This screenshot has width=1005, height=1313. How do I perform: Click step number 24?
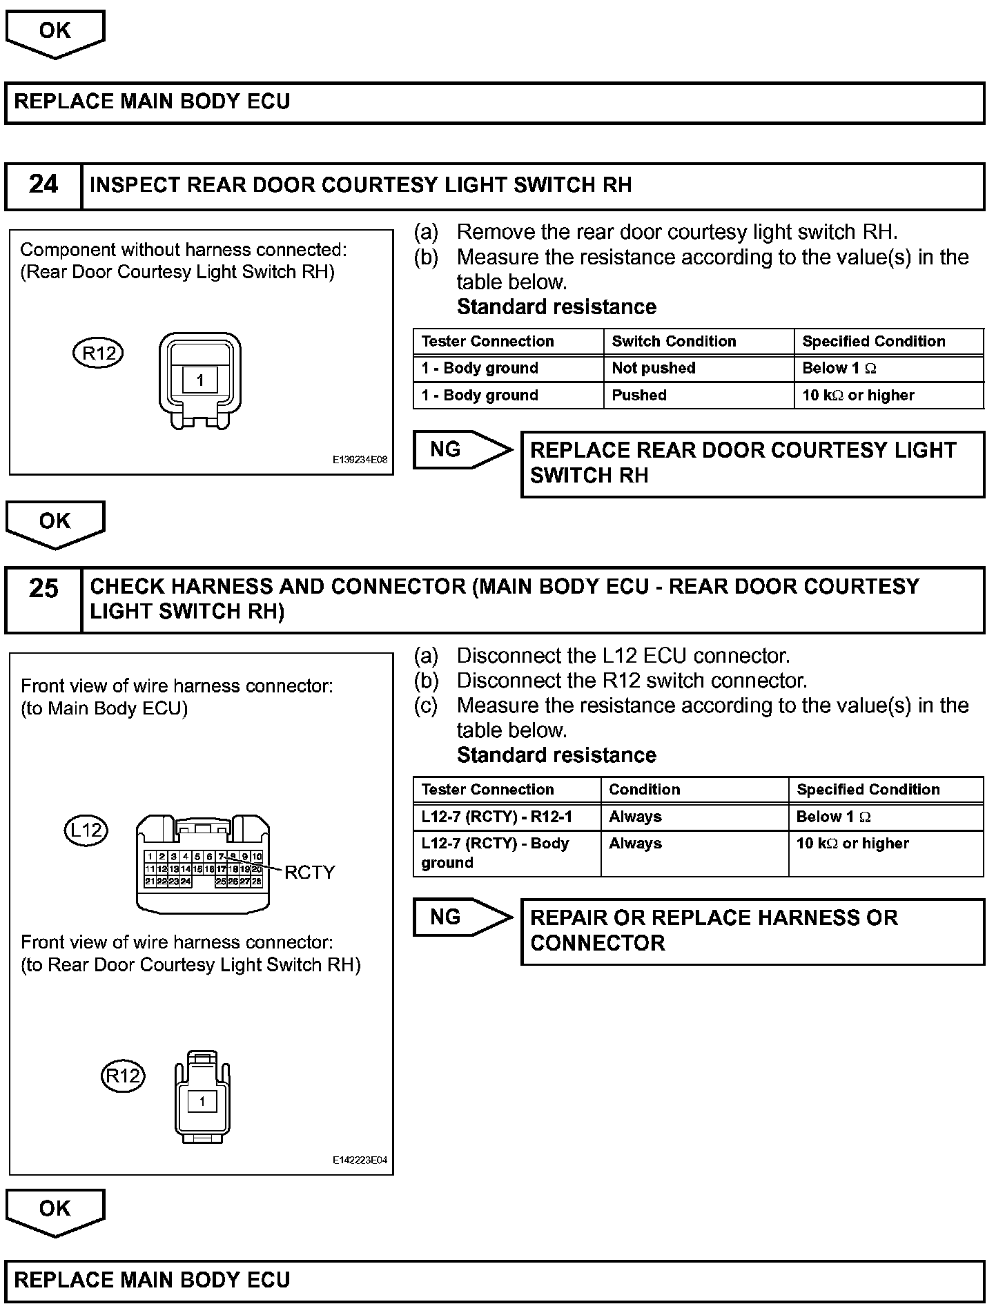pos(43,184)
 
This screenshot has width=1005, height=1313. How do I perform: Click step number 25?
pos(43,588)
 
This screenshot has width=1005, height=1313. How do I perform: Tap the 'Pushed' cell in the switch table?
pos(639,396)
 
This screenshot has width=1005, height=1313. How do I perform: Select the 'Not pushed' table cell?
pos(653,368)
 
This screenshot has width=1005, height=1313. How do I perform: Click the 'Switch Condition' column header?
pos(674,341)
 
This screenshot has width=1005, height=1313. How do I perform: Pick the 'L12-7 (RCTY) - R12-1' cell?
pos(497,817)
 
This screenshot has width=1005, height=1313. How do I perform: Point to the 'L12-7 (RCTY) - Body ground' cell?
pos(495,853)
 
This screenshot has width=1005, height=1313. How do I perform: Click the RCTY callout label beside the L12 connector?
pos(309,873)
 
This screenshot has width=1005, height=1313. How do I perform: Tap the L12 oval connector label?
pos(86,829)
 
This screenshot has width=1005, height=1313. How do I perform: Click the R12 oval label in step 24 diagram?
pos(99,353)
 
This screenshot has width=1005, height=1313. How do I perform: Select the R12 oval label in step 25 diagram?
pos(123,1076)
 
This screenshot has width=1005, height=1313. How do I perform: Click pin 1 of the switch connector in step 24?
pos(200,380)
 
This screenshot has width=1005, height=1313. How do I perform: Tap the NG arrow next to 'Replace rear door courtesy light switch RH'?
pos(461,450)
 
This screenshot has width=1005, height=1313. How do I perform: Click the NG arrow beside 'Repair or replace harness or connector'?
pos(461,917)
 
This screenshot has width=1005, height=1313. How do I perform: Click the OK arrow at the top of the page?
pos(55,32)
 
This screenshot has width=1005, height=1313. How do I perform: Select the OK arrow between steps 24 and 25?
pos(55,523)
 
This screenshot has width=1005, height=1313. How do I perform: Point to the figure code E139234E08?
pos(360,459)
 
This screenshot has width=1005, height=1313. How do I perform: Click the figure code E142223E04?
pos(360,1160)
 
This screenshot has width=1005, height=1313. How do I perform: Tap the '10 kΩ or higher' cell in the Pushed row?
pos(858,396)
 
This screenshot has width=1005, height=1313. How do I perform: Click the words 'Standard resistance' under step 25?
pos(556,755)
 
